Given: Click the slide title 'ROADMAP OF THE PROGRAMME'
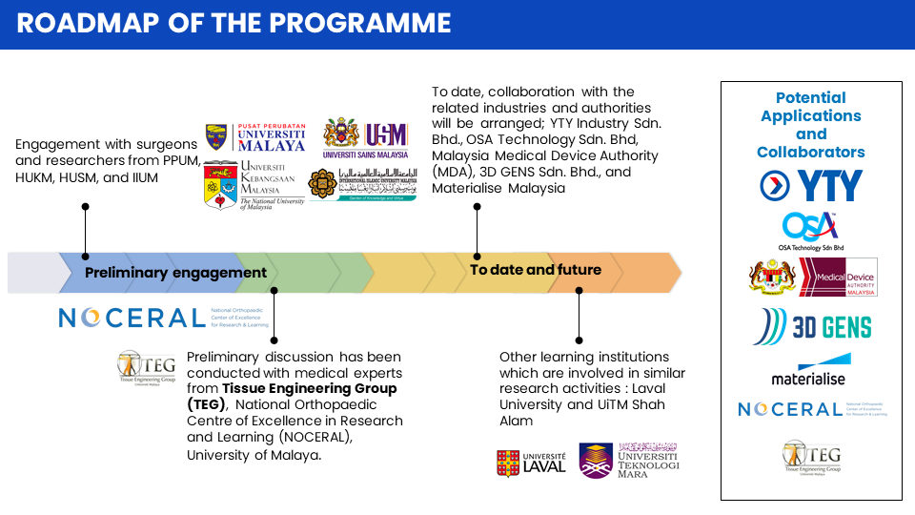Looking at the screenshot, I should (x=234, y=23).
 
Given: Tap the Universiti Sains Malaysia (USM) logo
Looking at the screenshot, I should (x=366, y=138).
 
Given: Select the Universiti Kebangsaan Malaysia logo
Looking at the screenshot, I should (x=254, y=184).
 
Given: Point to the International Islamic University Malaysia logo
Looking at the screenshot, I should (x=363, y=184).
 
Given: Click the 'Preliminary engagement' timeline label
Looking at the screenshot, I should (x=175, y=273).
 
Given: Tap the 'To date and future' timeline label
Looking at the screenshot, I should (x=536, y=270).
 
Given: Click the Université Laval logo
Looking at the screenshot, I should (x=531, y=463).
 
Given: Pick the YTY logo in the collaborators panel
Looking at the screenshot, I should (x=811, y=186).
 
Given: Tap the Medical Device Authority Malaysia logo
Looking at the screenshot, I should (x=812, y=278).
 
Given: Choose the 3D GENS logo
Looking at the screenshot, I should (x=811, y=327).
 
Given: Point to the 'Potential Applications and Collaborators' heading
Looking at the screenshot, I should (x=811, y=124).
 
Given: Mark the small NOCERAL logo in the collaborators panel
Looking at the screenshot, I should (x=812, y=409).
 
